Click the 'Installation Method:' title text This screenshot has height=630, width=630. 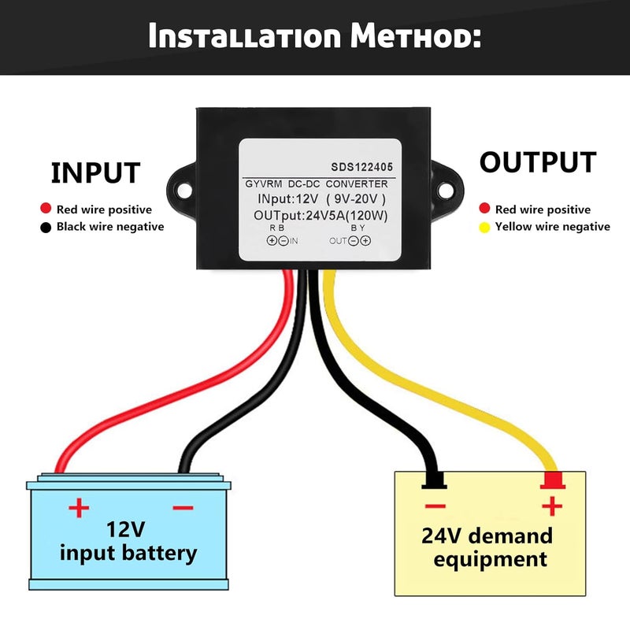[x=315, y=36]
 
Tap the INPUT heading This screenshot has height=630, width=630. [x=95, y=172]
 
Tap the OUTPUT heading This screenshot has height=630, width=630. [x=538, y=162]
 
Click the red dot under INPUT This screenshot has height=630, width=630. [x=46, y=209]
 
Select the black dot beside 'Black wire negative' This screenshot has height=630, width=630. [x=46, y=227]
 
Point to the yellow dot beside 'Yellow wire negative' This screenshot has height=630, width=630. [x=484, y=227]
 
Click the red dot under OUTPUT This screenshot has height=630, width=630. [x=484, y=209]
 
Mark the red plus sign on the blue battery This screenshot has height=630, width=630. [x=79, y=508]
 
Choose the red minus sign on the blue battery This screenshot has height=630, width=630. [x=182, y=508]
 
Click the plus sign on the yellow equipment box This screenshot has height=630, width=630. [x=553, y=505]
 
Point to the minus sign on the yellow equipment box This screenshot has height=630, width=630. [x=435, y=506]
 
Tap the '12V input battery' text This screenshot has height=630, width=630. [x=128, y=539]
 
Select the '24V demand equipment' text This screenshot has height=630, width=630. [x=487, y=548]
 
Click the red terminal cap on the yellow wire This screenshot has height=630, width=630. [x=553, y=480]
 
